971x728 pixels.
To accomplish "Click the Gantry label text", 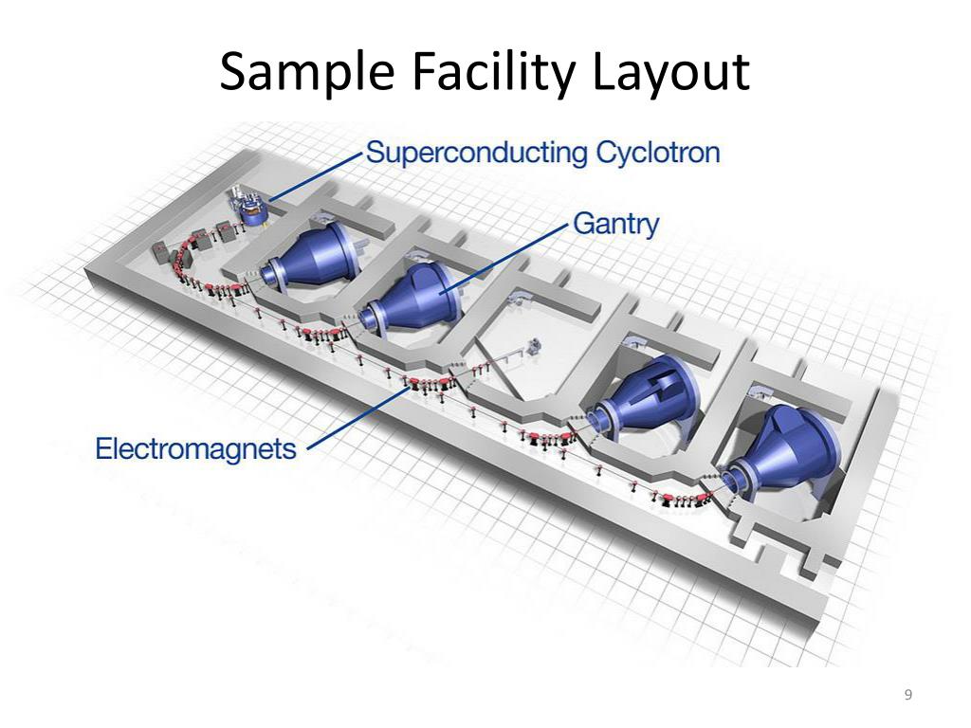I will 616,225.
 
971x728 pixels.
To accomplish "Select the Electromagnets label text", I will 196,447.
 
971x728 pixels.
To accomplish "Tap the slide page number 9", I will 908,696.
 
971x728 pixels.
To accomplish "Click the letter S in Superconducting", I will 375,153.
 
